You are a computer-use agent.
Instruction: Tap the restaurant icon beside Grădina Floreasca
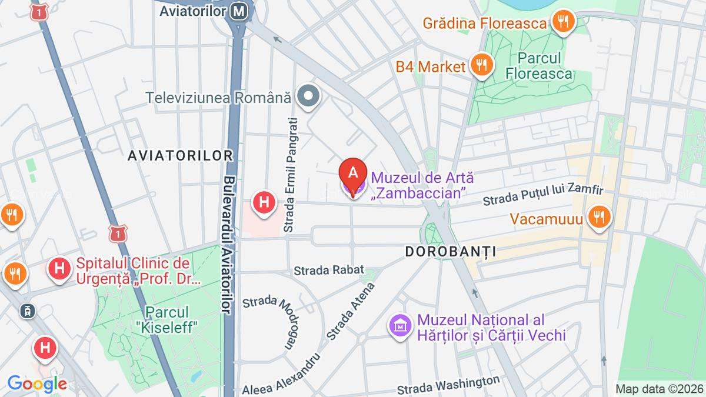point(563,23)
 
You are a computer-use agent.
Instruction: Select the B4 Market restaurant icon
point(481,66)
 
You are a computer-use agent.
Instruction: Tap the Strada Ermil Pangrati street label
point(288,174)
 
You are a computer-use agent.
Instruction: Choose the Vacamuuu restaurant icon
point(598,218)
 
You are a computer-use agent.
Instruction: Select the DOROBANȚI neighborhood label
point(451,252)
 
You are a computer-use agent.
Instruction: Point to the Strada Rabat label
point(325,271)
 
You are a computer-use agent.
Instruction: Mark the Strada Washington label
point(448,385)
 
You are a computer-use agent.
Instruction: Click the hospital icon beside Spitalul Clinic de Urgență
point(59,269)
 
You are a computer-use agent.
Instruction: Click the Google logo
point(36,383)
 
